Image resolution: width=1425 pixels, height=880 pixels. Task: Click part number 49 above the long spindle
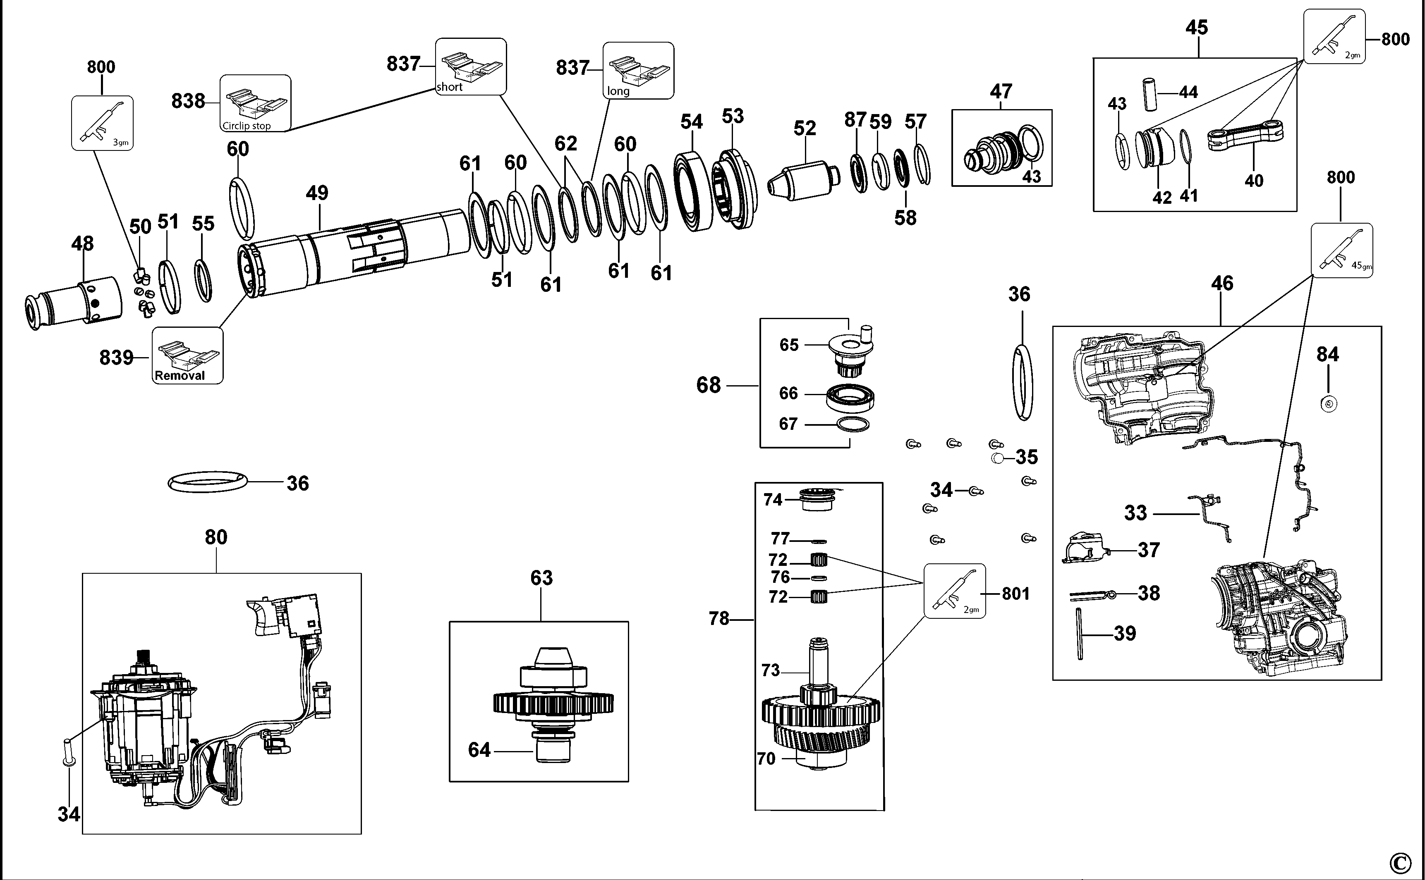point(317,193)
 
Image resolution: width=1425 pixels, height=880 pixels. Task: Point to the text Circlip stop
point(247,126)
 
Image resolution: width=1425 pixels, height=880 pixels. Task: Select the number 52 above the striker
point(805,128)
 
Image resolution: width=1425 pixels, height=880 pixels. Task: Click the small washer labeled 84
point(1328,403)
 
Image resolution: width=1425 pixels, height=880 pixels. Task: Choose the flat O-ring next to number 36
point(207,482)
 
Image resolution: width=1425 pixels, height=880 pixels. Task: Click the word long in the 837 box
point(618,91)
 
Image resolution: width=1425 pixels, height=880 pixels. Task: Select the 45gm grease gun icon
point(1341,250)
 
